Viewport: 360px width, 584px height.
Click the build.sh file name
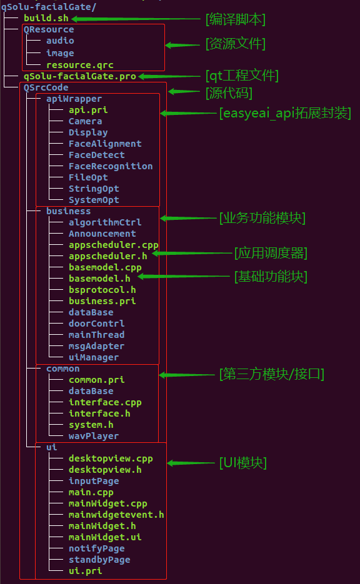(x=46, y=18)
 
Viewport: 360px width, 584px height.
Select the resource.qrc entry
(x=79, y=64)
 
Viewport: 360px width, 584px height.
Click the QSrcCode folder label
(x=46, y=87)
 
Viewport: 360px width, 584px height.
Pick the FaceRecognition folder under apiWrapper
(x=111, y=166)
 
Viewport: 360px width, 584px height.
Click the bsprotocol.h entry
(x=102, y=290)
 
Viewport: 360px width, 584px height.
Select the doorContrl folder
(x=96, y=324)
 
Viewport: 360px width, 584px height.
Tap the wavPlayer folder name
(x=93, y=436)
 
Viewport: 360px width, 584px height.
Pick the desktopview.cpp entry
(x=111, y=458)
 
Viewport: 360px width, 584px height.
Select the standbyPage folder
(x=99, y=560)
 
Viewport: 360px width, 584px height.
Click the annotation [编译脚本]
(x=236, y=19)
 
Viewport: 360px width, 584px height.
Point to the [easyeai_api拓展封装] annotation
(x=284, y=113)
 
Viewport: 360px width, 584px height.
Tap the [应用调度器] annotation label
(x=271, y=253)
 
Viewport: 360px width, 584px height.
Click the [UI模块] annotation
(x=242, y=463)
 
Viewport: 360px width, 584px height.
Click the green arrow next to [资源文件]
(x=182, y=45)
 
